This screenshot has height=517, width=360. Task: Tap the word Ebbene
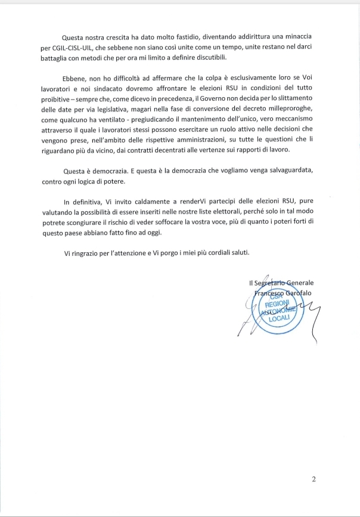(75, 78)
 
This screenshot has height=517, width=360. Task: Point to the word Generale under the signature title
(300, 283)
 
